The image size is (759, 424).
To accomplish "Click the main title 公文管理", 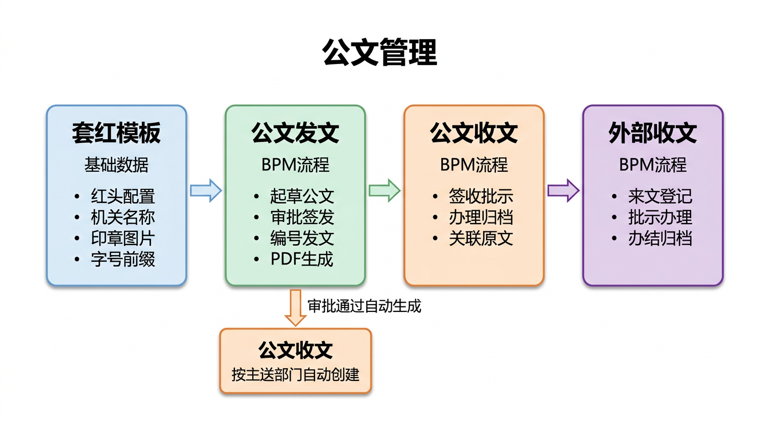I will point(379,52).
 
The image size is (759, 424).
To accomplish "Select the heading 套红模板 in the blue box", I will point(116,133).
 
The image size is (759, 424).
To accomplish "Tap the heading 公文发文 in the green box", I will point(295,133).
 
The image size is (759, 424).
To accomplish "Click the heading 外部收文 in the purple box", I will point(653,133).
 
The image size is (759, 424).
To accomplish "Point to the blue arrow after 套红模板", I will point(206,191).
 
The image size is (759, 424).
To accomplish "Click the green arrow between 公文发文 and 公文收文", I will point(384,191).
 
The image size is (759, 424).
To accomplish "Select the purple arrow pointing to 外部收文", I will point(563,191).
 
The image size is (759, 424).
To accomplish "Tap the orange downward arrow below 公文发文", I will point(296,308).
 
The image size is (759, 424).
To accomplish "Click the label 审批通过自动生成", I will point(364,306).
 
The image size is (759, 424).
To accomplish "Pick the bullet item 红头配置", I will point(122,197).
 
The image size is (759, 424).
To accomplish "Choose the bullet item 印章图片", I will point(122,239).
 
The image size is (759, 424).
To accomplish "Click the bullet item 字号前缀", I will point(122,259).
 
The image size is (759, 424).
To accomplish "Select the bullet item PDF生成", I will point(302,259).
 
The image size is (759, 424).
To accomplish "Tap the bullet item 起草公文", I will point(302,197).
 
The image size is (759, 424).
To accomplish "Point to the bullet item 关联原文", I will point(480,239).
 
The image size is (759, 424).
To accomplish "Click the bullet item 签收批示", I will point(480,197).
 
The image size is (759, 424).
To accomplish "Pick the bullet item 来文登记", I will point(660,197).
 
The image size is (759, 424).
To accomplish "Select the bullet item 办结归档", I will point(660,239).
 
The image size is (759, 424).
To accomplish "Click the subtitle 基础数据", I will point(116,165).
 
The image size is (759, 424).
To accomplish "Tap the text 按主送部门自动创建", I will point(296,375).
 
